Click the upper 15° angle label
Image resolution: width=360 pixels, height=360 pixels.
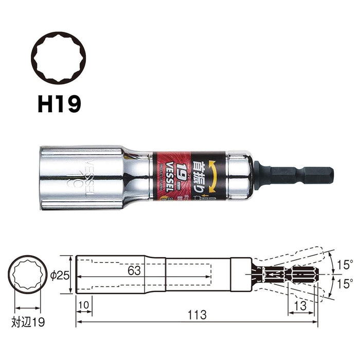tap(346, 265)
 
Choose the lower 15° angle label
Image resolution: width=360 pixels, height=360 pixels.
tap(346, 282)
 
